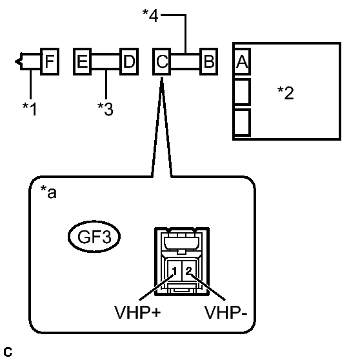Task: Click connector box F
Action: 50,61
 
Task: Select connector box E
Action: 82,61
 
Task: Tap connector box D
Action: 129,61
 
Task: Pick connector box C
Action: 162,61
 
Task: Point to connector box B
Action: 208,61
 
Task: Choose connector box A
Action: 242,61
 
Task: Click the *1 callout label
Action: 30,109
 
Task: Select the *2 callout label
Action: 285,93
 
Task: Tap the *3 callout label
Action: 105,109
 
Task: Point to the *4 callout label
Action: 150,15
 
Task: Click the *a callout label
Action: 48,192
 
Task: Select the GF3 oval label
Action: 94,237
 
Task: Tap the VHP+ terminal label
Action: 137,313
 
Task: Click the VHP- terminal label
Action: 226,313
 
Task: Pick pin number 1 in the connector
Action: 174,271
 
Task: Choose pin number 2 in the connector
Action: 189,271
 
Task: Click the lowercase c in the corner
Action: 8,352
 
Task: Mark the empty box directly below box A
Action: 242,92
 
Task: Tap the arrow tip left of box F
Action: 15,61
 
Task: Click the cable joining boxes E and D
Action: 106,61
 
